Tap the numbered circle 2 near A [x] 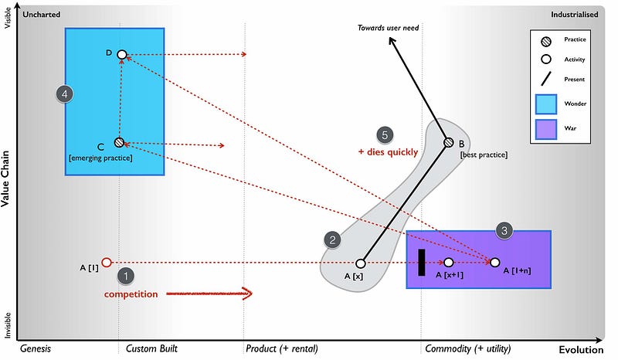click(332, 240)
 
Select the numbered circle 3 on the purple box click(504, 229)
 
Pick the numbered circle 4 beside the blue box click(66, 93)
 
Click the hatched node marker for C click(119, 142)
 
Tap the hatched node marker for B click(448, 142)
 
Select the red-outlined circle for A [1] click(107, 263)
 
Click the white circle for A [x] click(360, 263)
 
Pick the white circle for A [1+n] click(495, 263)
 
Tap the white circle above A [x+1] click(449, 263)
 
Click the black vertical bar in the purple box click(422, 262)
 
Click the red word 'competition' click(131, 294)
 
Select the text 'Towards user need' click(388, 29)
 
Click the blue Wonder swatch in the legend click(547, 102)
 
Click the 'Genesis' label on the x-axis click(35, 349)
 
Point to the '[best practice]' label click(484, 155)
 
